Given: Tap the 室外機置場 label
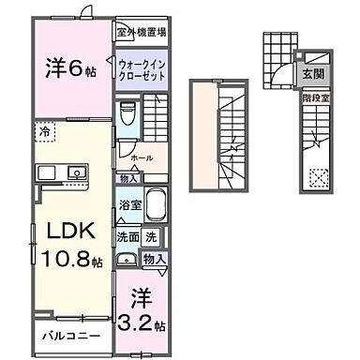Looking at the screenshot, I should click(142, 31).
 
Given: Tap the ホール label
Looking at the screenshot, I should click(142, 158).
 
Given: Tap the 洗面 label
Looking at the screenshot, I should click(127, 237).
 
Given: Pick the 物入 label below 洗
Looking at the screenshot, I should click(155, 259).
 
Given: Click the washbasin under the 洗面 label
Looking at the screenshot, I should click(127, 260).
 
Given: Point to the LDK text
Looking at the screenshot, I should click(59, 231).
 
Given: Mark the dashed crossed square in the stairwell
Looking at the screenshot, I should click(320, 173).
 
